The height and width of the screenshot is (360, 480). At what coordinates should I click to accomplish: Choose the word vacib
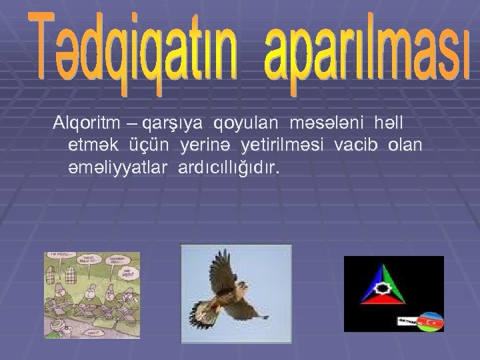pyautogui.click(x=363, y=145)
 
